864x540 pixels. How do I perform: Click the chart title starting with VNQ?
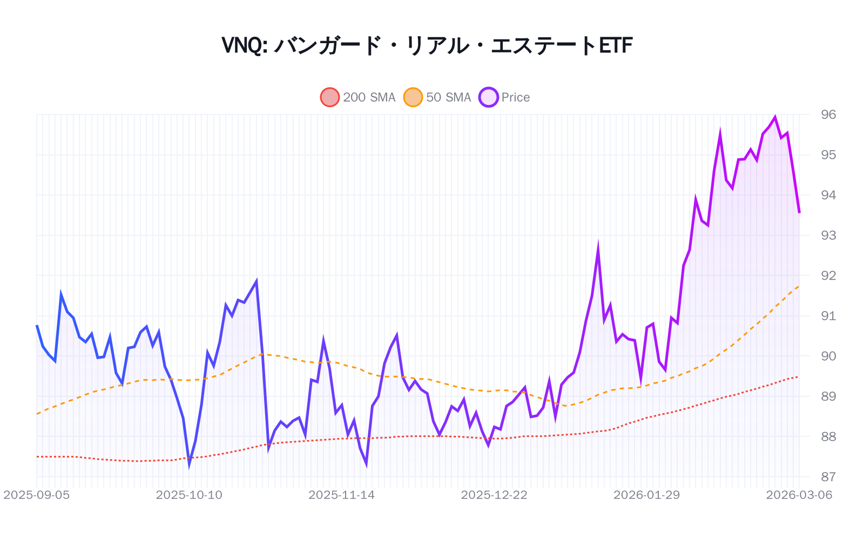click(427, 45)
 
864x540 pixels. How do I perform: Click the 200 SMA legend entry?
click(358, 97)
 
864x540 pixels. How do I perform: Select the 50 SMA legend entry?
click(437, 97)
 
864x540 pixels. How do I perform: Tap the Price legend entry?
click(504, 97)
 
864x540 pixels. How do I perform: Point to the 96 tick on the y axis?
click(828, 114)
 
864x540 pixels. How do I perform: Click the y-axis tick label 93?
click(828, 235)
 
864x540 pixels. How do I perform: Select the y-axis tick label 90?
click(828, 356)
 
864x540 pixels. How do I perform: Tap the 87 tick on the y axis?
click(828, 477)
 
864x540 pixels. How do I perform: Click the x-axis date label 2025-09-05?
click(37, 495)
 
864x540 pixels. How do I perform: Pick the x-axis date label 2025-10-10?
click(189, 495)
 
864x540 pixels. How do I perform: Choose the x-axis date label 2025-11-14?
click(341, 495)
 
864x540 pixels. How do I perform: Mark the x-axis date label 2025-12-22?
click(494, 495)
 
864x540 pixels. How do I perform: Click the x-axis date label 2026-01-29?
click(646, 495)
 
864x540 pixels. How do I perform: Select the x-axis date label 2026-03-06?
click(799, 495)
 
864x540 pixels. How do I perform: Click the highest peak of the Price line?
click(775, 117)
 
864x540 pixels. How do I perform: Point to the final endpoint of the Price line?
click(799, 213)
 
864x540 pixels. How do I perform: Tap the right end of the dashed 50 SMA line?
click(799, 286)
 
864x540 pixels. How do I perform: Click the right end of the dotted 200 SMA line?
click(799, 376)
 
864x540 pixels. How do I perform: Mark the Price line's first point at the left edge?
click(37, 325)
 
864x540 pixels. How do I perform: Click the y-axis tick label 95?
click(828, 155)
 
